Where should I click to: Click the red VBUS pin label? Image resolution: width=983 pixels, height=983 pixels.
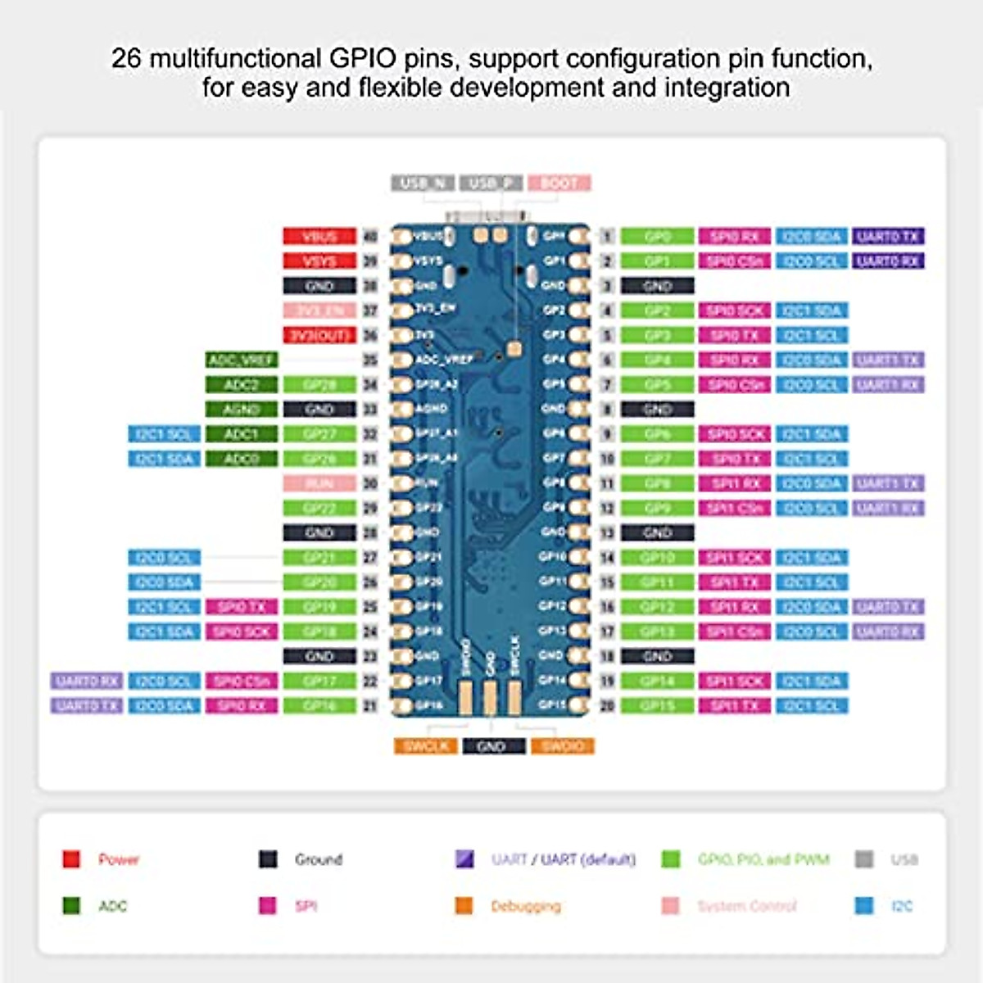[x=319, y=237]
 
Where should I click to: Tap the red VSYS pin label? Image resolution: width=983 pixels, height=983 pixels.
[x=319, y=261]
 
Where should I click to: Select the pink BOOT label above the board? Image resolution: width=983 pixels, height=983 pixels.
[x=559, y=183]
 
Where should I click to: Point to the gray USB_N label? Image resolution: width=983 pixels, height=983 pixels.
[x=423, y=183]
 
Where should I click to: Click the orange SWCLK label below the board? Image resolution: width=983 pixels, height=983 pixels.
[x=425, y=746]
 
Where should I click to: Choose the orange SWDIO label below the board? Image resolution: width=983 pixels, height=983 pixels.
[x=563, y=746]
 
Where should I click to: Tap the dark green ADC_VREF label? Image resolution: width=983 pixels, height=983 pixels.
[x=242, y=360]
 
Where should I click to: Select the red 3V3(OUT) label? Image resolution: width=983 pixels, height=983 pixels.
[x=319, y=335]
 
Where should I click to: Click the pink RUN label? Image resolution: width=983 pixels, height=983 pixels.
[x=319, y=483]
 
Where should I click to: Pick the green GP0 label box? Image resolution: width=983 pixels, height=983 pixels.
[x=657, y=237]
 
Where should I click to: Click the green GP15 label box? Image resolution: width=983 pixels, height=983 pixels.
[x=657, y=705]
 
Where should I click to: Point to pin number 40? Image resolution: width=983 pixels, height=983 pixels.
[x=370, y=237]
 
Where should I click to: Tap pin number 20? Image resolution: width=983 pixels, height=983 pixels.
[x=607, y=705]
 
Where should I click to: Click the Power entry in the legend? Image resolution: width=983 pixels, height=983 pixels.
[x=118, y=859]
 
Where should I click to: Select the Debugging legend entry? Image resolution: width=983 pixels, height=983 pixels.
[x=525, y=906]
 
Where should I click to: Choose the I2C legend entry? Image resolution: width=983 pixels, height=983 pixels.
[x=900, y=906]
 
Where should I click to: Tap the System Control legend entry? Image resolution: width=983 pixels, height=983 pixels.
[x=746, y=906]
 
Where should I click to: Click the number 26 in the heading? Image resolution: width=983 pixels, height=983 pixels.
[x=125, y=59]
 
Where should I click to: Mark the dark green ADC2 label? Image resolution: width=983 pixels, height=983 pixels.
[x=242, y=384]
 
